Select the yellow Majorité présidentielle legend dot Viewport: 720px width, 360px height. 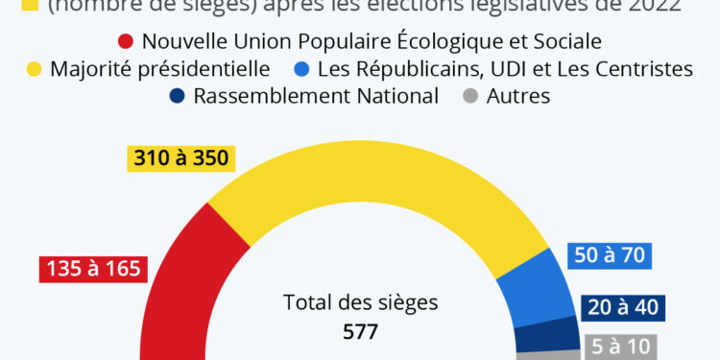33,69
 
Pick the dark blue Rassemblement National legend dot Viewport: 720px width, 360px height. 177,96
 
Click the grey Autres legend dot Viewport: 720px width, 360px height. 469,96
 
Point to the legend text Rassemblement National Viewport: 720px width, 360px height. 316,96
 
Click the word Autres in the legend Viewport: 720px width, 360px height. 518,96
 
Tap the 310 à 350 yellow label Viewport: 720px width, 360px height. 181,157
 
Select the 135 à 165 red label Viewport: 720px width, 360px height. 93,268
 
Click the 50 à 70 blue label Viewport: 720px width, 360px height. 610,255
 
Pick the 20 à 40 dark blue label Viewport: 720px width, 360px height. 623,307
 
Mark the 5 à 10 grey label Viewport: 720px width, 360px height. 618,346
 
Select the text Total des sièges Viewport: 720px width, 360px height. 360,302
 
